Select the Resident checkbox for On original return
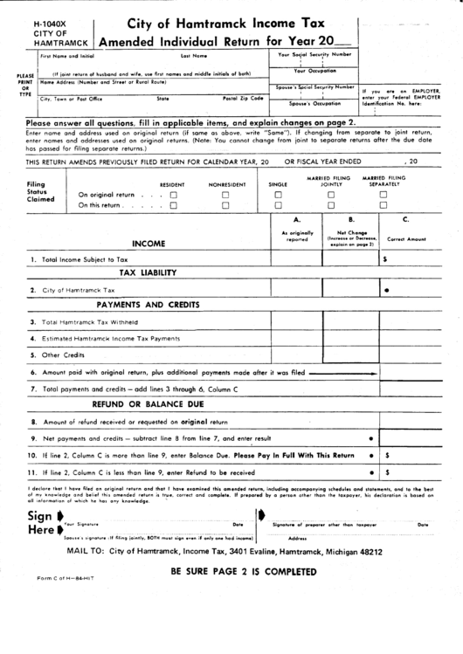[x=173, y=195]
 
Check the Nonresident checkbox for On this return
[x=225, y=206]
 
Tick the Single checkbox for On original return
[x=278, y=195]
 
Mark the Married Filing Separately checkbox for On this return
[x=383, y=206]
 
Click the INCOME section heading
[x=149, y=244]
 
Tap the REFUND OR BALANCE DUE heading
[x=148, y=405]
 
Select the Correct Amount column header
[x=406, y=238]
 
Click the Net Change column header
[x=351, y=233]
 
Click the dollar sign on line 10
[x=386, y=455]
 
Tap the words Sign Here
[x=42, y=521]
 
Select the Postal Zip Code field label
[x=243, y=99]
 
